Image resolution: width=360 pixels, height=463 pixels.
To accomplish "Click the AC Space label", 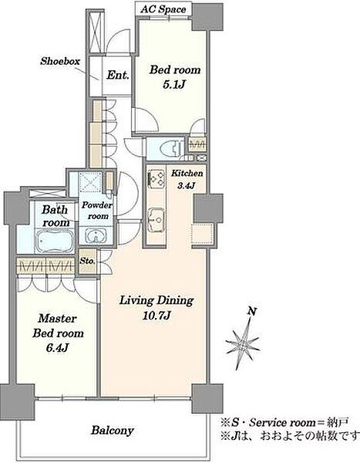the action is (x=163, y=9).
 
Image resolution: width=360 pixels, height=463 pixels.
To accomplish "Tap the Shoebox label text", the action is (x=60, y=61).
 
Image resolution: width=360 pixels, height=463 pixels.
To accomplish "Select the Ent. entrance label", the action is (x=118, y=75).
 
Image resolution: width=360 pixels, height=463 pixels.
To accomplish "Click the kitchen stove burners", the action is (x=156, y=179).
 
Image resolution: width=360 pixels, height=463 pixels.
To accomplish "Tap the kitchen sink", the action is (x=156, y=219).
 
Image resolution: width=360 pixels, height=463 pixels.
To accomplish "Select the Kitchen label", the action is (x=187, y=173).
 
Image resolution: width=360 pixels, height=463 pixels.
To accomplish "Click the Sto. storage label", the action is (x=87, y=261).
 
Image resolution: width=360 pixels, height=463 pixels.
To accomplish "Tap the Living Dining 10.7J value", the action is (x=156, y=316).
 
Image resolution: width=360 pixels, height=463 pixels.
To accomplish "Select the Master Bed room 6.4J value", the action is (x=57, y=348).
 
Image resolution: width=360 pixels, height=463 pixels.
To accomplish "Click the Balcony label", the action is (x=112, y=431).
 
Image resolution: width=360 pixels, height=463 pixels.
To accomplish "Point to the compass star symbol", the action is (x=244, y=343).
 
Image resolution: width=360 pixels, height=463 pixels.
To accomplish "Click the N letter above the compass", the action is (x=252, y=311).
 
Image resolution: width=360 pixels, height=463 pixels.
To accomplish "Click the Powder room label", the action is (x=97, y=211).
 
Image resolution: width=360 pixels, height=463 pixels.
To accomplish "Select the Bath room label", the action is (x=56, y=216).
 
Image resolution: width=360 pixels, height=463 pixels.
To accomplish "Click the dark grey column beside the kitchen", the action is (x=208, y=208).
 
